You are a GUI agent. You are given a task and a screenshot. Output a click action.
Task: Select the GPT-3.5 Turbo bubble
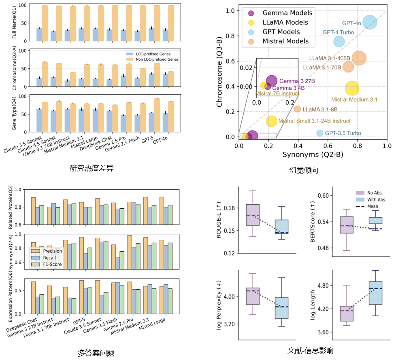(320, 133)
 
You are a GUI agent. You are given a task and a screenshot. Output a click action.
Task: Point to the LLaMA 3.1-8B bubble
(297, 109)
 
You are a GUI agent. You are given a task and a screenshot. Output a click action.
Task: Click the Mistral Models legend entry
(280, 41)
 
